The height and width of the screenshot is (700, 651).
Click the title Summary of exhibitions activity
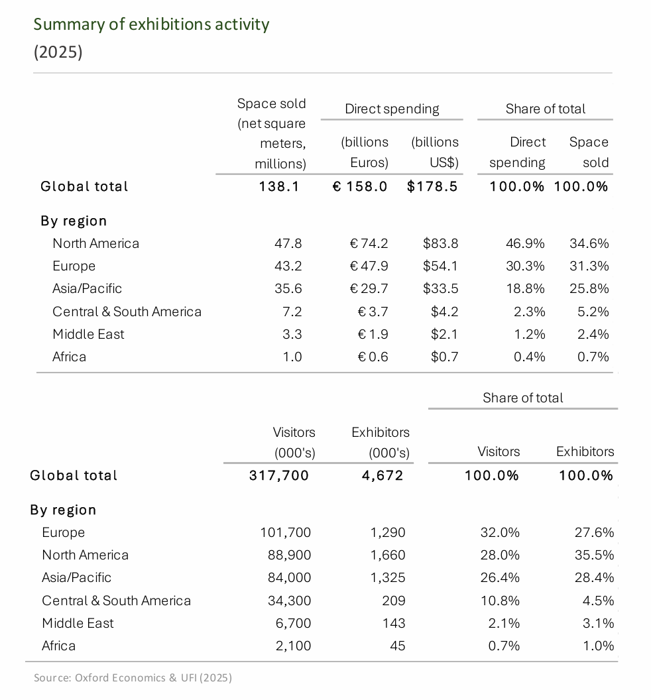pyautogui.click(x=151, y=25)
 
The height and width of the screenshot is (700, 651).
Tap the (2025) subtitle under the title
pyautogui.click(x=58, y=52)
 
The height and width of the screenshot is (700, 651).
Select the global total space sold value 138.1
pyautogui.click(x=279, y=186)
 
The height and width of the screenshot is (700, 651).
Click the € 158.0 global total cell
pyautogui.click(x=360, y=186)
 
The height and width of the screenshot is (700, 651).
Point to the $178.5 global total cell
pyautogui.click(x=432, y=186)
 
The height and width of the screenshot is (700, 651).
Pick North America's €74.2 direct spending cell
pyautogui.click(x=369, y=243)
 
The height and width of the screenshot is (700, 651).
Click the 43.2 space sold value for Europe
pyautogui.click(x=288, y=266)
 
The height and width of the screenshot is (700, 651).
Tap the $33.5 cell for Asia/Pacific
pyautogui.click(x=441, y=288)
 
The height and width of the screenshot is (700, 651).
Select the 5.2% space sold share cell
pyautogui.click(x=593, y=312)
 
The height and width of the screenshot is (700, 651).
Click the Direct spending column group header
pyautogui.click(x=392, y=109)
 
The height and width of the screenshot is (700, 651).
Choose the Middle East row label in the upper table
pyautogui.click(x=88, y=334)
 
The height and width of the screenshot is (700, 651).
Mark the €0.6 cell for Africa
pyautogui.click(x=373, y=357)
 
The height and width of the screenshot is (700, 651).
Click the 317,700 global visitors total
pyautogui.click(x=279, y=475)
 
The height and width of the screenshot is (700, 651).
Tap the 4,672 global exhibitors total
pyautogui.click(x=383, y=475)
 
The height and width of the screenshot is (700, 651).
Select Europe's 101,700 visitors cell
pyautogui.click(x=286, y=532)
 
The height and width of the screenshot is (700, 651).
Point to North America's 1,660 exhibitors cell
pyautogui.click(x=388, y=555)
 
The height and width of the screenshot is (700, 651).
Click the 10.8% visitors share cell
pyautogui.click(x=500, y=601)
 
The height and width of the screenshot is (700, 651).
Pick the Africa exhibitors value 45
pyautogui.click(x=397, y=646)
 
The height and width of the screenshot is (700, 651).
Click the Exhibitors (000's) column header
pyautogui.click(x=381, y=442)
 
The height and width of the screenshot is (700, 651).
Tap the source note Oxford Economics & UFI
pyautogui.click(x=133, y=677)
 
